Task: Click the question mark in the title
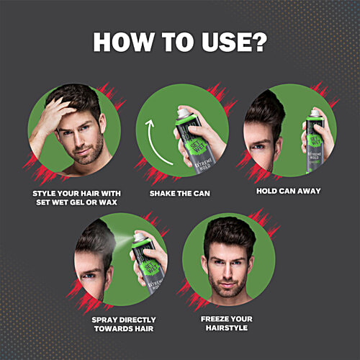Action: (x=258, y=41)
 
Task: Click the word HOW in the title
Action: (x=125, y=41)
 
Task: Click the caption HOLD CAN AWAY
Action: (x=288, y=191)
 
